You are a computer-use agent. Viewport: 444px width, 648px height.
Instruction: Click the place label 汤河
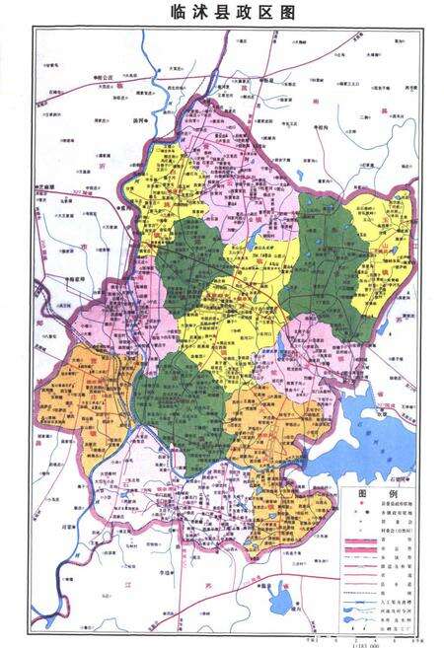141,119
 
